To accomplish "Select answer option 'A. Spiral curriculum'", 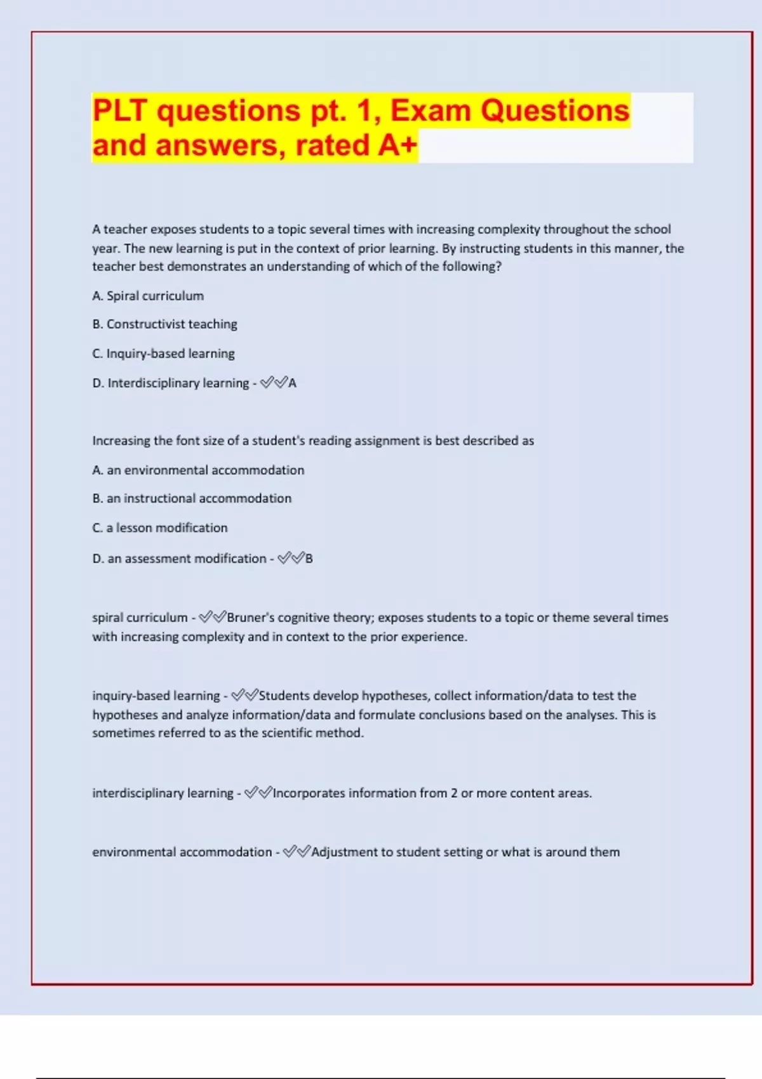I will (148, 296).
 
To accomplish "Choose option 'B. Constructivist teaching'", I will (164, 324).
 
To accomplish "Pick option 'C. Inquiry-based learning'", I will (163, 354).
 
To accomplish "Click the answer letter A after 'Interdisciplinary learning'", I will (292, 383).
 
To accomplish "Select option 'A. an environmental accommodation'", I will (198, 470).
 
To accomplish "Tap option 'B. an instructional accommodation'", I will (192, 499).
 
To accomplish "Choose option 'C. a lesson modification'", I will (159, 528).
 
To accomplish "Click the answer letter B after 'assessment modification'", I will (309, 559).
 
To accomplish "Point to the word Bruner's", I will (250, 618).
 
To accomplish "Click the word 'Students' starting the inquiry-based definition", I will (284, 696).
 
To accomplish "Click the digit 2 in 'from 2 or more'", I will (453, 793).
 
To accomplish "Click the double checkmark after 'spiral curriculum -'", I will (212, 617).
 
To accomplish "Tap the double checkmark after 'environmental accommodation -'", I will (297, 852).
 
